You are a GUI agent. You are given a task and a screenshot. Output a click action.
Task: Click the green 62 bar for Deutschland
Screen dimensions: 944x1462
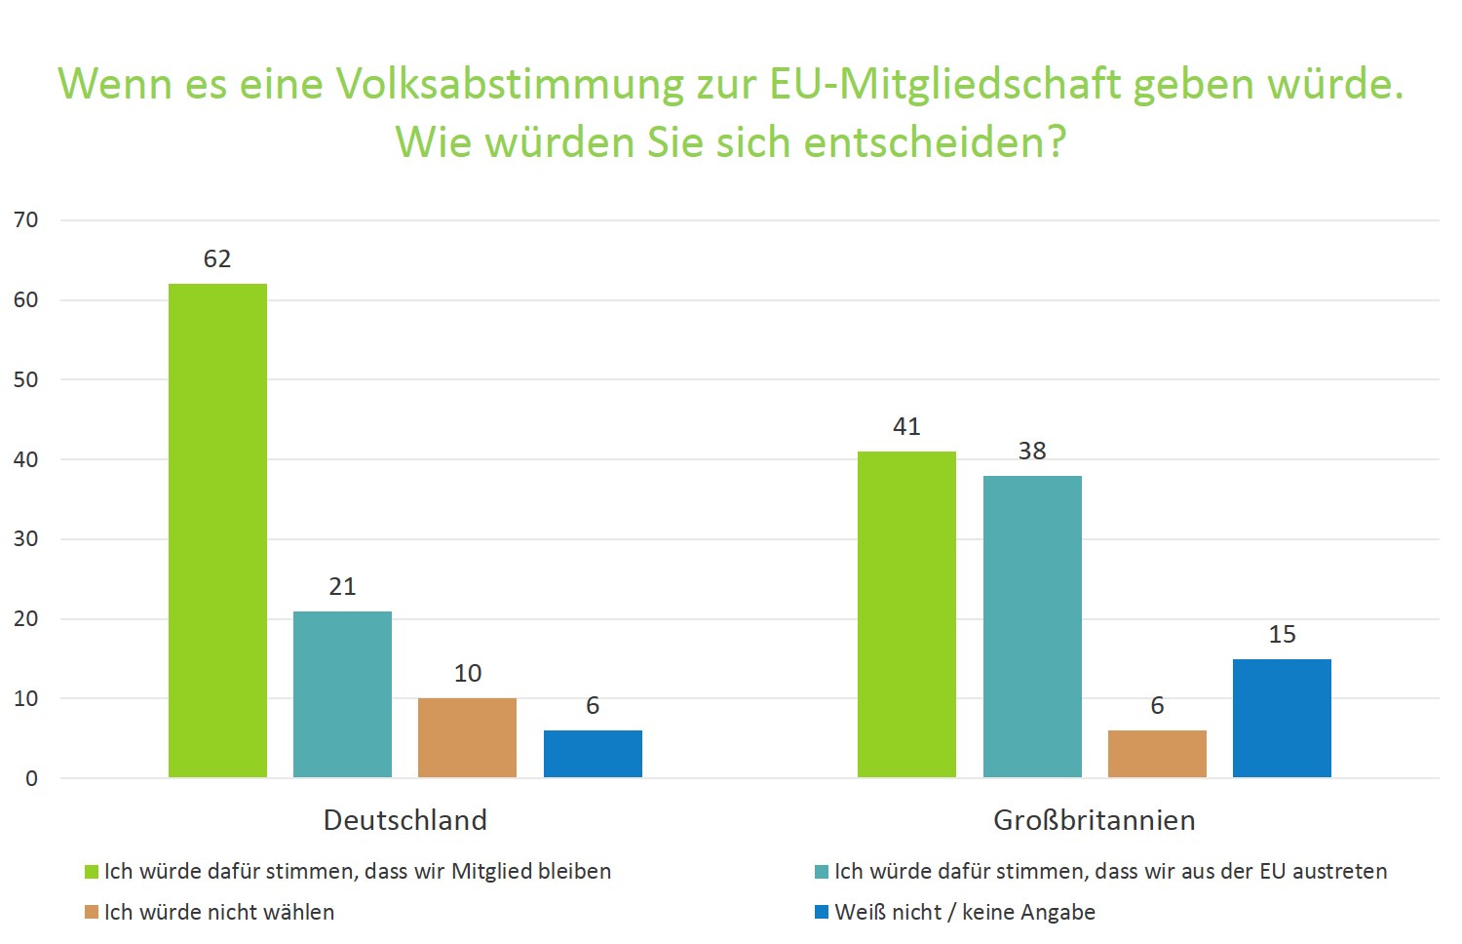click(x=217, y=531)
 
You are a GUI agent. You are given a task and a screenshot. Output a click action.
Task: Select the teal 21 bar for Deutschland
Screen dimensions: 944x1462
click(x=342, y=694)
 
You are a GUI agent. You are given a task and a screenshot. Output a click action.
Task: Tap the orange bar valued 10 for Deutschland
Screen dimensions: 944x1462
click(x=467, y=738)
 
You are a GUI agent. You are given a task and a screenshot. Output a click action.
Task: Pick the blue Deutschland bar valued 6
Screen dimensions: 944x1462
click(x=593, y=754)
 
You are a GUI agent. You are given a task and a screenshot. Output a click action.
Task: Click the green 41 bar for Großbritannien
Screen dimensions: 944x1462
click(x=906, y=614)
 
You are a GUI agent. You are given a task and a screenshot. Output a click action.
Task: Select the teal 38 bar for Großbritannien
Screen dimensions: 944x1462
click(x=1032, y=626)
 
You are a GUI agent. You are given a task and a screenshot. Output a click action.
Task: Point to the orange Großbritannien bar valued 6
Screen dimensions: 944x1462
click(x=1157, y=754)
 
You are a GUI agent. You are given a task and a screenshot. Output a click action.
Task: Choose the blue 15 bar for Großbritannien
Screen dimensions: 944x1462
click(x=1282, y=718)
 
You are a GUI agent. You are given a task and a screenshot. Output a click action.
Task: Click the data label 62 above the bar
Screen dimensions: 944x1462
click(x=217, y=259)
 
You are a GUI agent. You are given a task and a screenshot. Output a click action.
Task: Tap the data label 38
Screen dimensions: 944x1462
click(x=1032, y=452)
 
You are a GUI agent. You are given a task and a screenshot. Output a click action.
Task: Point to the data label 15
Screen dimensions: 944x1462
click(x=1282, y=635)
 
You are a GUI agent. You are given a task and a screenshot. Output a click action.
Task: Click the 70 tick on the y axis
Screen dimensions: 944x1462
click(x=26, y=220)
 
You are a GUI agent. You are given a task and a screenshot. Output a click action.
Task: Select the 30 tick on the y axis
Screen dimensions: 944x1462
click(x=26, y=539)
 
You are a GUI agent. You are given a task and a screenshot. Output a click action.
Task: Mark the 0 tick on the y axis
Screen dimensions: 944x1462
click(x=32, y=778)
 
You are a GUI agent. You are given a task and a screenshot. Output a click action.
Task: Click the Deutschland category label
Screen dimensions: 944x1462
click(x=405, y=820)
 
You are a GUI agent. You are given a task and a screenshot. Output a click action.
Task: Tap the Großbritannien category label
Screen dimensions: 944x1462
click(x=1095, y=820)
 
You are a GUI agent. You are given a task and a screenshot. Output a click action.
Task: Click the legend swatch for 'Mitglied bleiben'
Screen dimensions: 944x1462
click(x=92, y=872)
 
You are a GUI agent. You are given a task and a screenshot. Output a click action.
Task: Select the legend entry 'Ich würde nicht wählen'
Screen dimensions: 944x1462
click(x=219, y=913)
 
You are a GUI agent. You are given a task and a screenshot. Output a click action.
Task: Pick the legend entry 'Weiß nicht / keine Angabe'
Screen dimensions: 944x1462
click(x=965, y=913)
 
